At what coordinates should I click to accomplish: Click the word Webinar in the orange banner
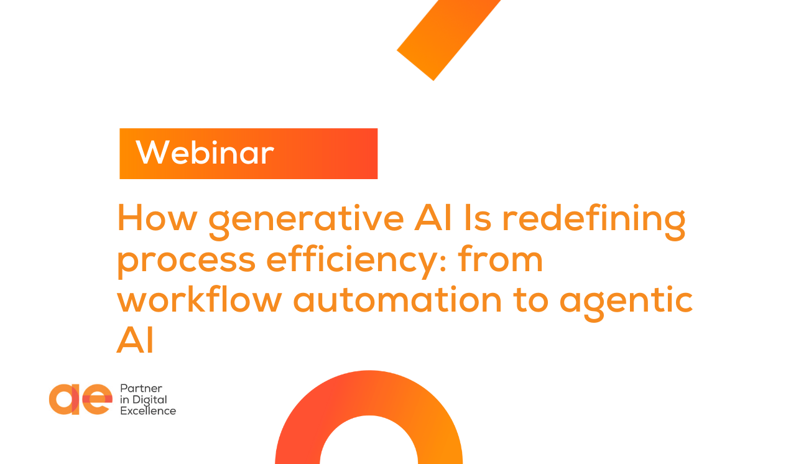coord(205,153)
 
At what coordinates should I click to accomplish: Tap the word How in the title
coord(155,218)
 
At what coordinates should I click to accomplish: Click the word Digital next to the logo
coord(149,400)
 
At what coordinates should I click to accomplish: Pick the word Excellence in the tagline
coord(148,411)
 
